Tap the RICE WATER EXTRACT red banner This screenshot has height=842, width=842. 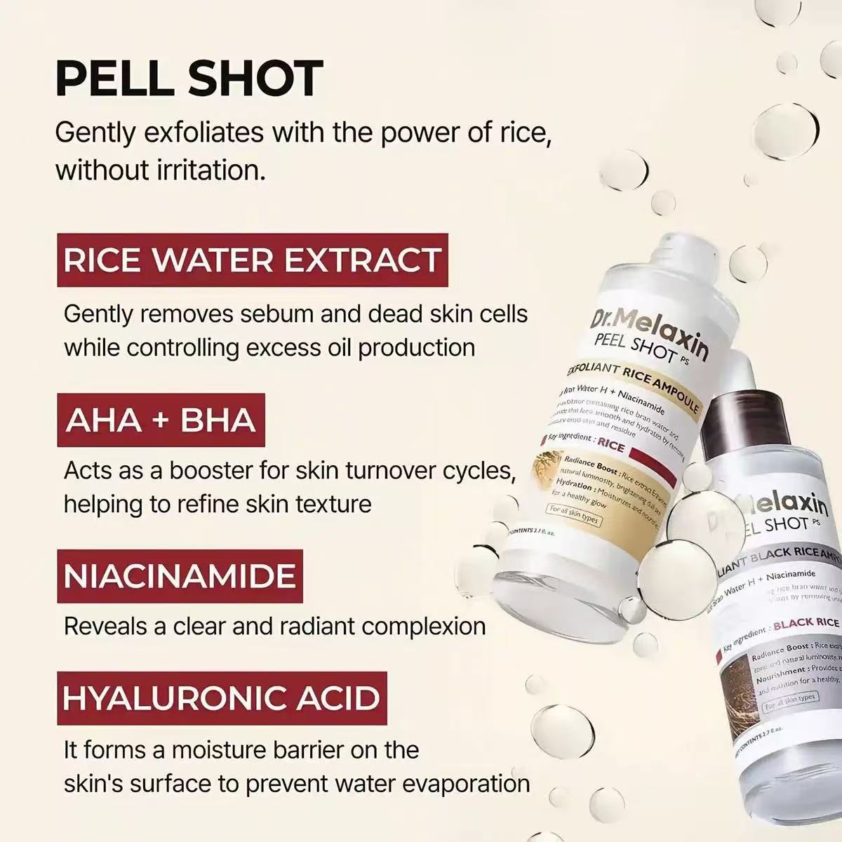(252, 260)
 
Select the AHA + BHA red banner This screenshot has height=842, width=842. (161, 420)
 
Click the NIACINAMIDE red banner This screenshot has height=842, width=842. (180, 577)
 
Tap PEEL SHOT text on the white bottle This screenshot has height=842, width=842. (631, 349)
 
